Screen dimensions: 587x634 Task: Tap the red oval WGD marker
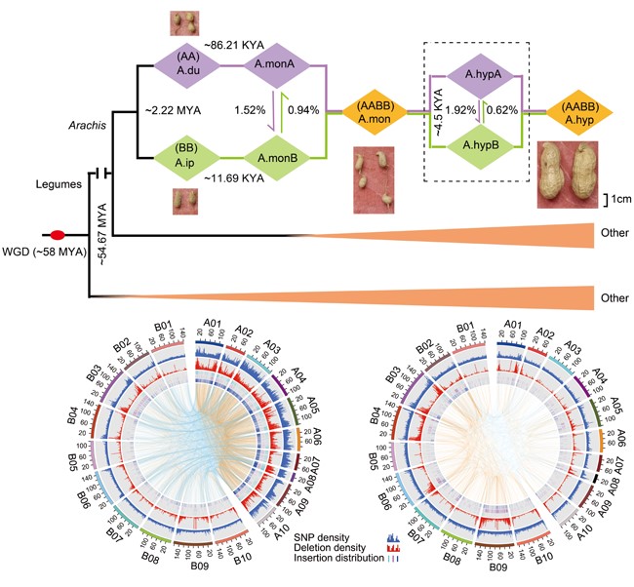tap(58, 235)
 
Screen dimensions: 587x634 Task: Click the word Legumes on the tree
tap(58, 181)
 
